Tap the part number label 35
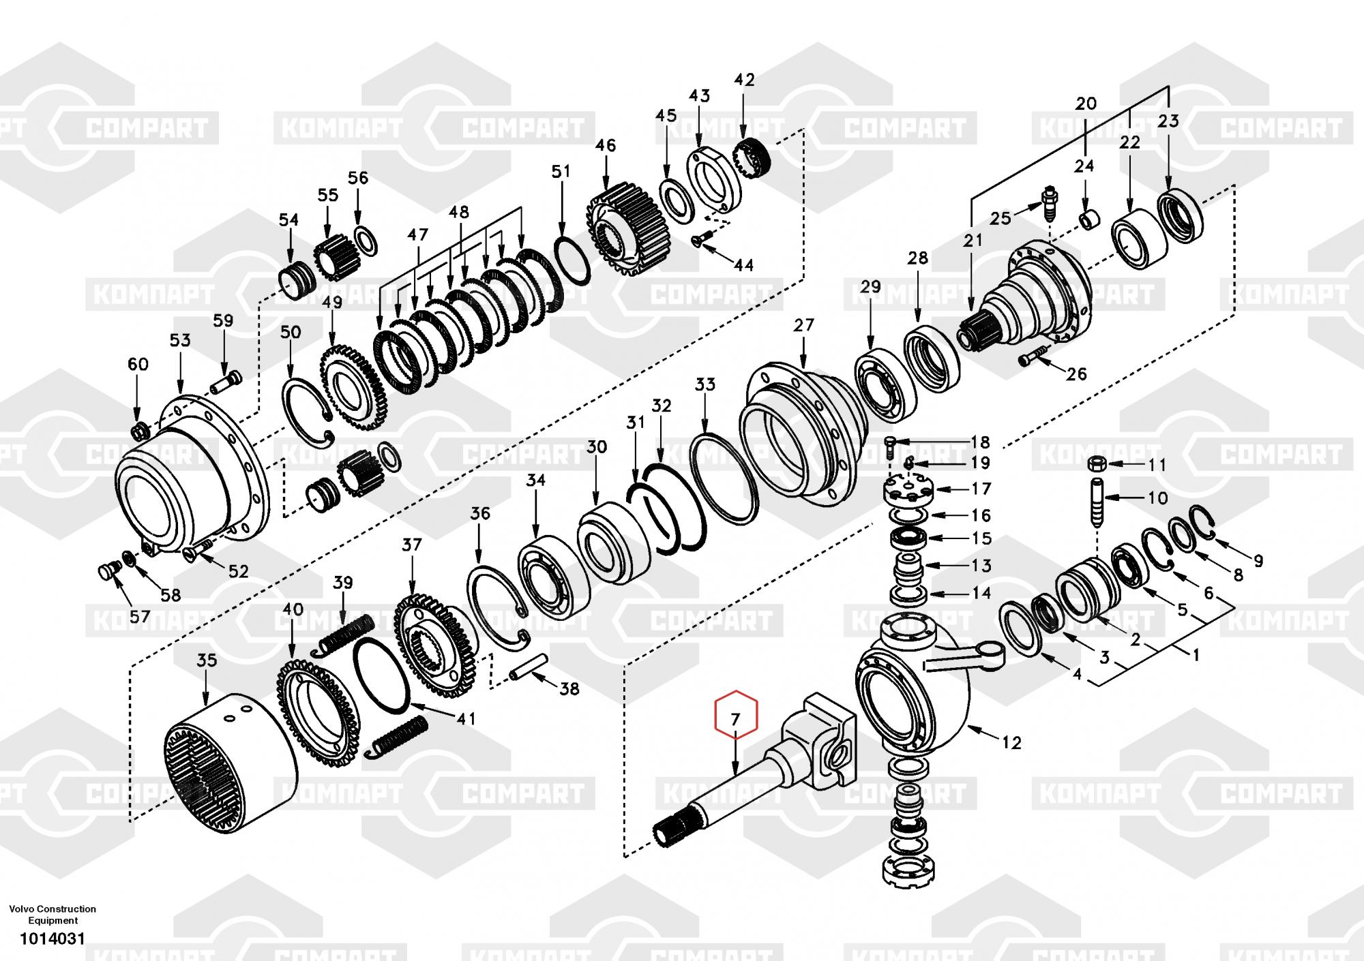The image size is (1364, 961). (x=207, y=660)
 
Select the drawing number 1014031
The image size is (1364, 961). (x=53, y=939)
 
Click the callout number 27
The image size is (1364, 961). (x=804, y=325)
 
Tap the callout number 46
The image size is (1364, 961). (x=605, y=145)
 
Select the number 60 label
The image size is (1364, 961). (x=138, y=364)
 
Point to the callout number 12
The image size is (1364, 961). (x=1012, y=742)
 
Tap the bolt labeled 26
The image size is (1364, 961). (x=1031, y=356)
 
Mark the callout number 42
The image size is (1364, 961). (x=744, y=80)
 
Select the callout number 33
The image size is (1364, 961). (x=705, y=384)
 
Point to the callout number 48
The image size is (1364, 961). (x=459, y=212)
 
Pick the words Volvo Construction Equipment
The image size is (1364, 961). (x=53, y=914)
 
